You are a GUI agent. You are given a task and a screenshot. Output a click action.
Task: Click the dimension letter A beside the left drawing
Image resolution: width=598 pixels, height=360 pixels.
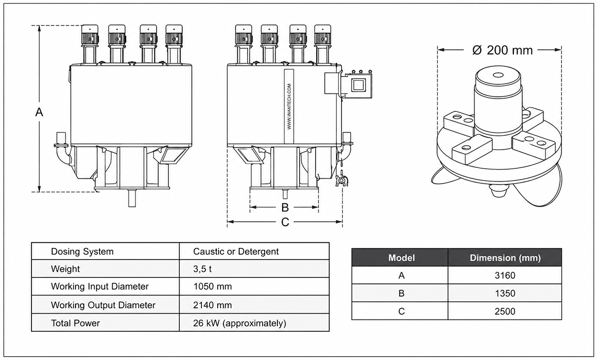point(39,112)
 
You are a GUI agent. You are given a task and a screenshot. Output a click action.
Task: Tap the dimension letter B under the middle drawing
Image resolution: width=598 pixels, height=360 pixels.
point(285,207)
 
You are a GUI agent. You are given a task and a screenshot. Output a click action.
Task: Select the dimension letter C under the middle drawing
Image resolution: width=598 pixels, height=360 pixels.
point(285,222)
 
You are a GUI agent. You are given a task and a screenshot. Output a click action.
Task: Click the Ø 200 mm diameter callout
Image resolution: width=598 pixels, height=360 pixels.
point(502,50)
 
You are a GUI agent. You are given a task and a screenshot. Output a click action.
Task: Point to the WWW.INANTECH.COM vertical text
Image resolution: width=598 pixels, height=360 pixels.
point(289,107)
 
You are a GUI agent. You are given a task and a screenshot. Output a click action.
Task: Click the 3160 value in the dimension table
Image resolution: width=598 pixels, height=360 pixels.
point(505,275)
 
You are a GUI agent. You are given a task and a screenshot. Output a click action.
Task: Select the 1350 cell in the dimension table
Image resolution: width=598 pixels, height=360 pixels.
point(505,293)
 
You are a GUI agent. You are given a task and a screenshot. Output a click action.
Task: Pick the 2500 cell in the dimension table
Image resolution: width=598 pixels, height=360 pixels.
point(505,311)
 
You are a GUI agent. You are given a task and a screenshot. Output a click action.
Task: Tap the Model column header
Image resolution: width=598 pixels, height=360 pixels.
point(401,258)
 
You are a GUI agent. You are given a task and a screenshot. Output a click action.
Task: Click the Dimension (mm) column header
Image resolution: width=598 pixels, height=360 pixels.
point(505,258)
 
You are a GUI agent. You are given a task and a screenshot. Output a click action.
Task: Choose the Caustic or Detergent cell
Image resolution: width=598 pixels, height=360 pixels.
point(236,251)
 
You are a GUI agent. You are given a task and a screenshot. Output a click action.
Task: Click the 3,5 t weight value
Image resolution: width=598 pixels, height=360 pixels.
point(202,269)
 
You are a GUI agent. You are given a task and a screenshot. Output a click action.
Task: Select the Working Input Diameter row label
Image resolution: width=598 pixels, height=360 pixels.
point(100,286)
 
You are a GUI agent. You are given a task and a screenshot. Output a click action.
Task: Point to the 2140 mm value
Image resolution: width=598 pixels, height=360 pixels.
point(212,305)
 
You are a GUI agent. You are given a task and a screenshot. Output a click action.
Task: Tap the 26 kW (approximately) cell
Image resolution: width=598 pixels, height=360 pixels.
point(240,323)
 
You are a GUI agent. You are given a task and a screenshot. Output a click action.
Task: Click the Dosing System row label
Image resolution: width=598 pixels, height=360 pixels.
point(82,251)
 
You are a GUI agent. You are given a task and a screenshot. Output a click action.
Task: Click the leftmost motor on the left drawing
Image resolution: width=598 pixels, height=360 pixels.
point(90,35)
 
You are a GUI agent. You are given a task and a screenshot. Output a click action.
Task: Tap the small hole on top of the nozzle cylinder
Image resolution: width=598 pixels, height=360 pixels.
point(497,75)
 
